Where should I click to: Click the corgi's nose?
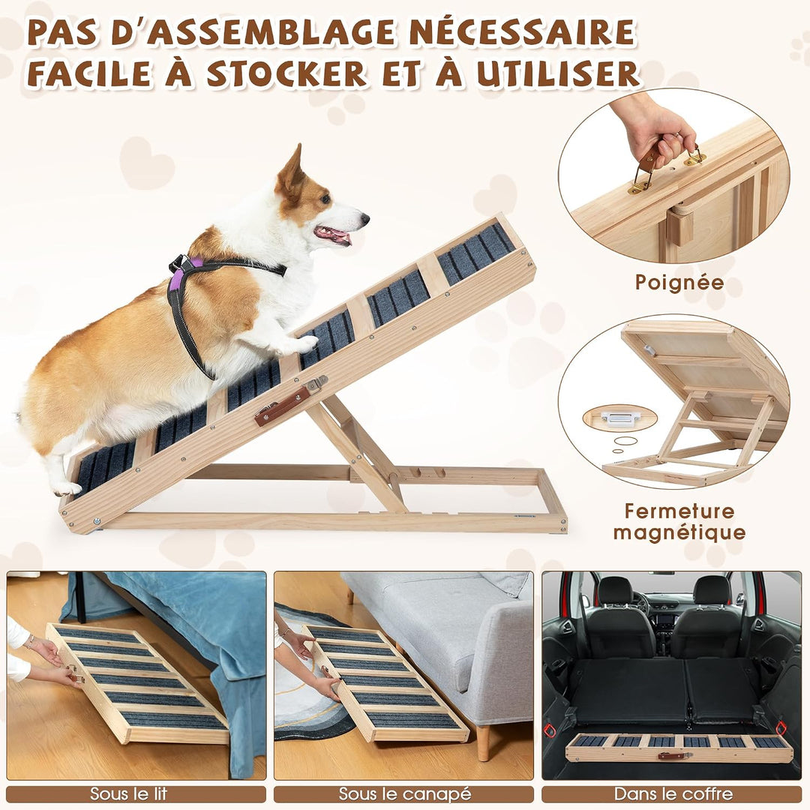click(364, 218)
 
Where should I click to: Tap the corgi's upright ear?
click(291, 170)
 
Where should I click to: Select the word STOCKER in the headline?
click(286, 73)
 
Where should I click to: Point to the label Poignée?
click(679, 283)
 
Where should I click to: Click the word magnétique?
click(679, 532)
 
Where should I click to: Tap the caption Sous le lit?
click(129, 793)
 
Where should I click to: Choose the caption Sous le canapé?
click(404, 793)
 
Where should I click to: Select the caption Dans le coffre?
click(673, 793)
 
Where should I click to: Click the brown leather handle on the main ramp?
click(283, 406)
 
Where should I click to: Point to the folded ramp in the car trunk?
click(679, 748)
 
